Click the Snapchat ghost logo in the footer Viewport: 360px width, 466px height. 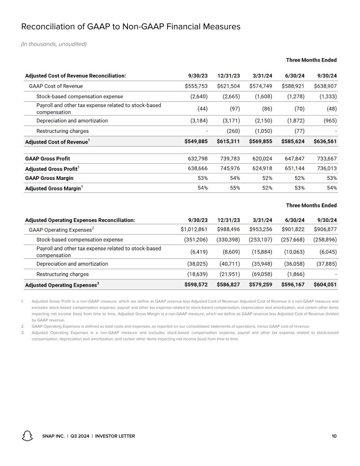[x=27, y=436]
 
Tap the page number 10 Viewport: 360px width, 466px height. [x=334, y=436]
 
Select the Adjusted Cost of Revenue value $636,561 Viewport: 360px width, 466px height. [x=325, y=141]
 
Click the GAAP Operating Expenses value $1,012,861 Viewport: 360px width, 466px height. [x=194, y=229]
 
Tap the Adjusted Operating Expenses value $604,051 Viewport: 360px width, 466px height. [x=325, y=284]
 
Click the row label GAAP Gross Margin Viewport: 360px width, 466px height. [x=49, y=178]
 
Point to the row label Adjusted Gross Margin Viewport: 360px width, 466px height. [x=53, y=188]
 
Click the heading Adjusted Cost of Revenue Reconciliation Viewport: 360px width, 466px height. [x=75, y=76]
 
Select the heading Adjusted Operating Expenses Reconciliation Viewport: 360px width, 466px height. [x=80, y=220]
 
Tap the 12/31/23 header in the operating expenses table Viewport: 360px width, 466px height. [x=228, y=220]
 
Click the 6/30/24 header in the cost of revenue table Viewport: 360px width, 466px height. [x=294, y=76]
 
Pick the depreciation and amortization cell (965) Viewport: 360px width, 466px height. [x=330, y=121]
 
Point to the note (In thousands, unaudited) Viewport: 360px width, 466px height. [x=54, y=44]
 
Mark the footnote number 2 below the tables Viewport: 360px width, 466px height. [x=23, y=326]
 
